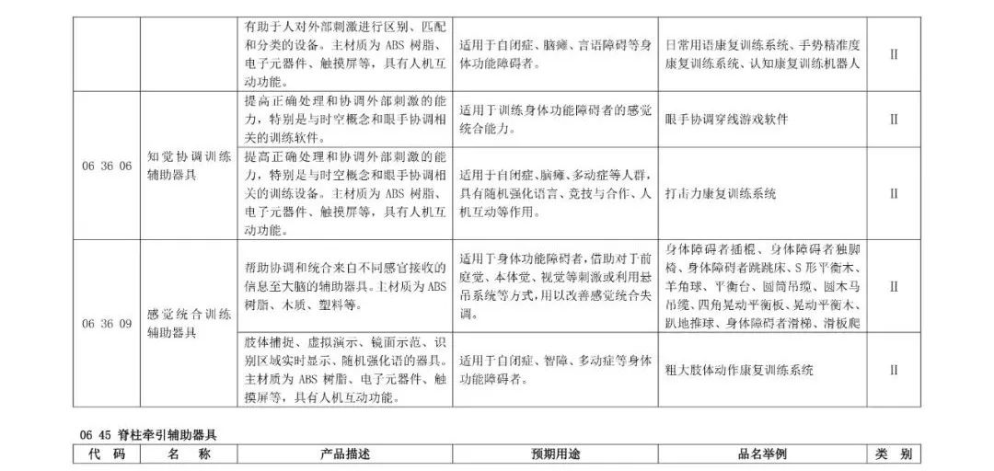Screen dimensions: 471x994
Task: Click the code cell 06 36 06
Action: pos(107,166)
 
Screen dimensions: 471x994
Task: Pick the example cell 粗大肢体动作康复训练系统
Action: pos(739,370)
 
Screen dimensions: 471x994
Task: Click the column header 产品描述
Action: pos(344,454)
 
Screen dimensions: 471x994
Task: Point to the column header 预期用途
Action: pos(555,454)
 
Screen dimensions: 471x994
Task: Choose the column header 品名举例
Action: pos(762,454)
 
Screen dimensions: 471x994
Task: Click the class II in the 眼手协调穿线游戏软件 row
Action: pos(893,119)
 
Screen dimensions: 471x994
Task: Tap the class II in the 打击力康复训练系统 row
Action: pos(893,194)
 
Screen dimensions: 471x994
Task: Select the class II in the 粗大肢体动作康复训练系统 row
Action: pos(893,370)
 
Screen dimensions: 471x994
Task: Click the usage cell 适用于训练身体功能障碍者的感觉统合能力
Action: pos(555,119)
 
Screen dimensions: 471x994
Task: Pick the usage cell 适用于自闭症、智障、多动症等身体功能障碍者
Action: pos(555,370)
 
